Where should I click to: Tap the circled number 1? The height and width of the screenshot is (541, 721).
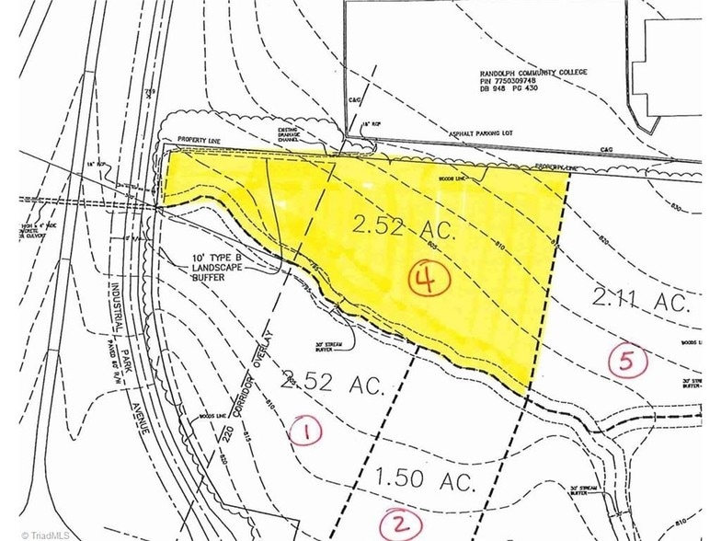pyautogui.click(x=305, y=430)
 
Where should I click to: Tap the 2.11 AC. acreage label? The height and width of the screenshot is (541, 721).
pyautogui.click(x=641, y=299)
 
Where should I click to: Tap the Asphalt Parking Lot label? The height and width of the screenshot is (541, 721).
pyautogui.click(x=496, y=132)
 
